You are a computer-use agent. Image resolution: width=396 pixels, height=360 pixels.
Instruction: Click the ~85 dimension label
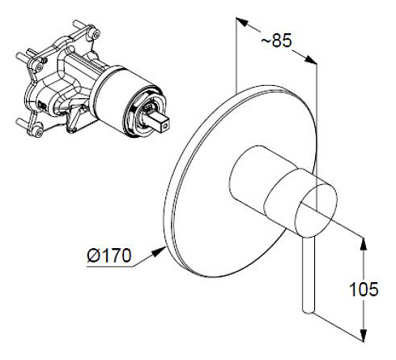click(x=276, y=41)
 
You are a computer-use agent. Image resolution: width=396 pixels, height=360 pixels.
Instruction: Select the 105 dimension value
click(x=364, y=289)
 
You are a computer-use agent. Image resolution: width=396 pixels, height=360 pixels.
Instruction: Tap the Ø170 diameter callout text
click(x=109, y=255)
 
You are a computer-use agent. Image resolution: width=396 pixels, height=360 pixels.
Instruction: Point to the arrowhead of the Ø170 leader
click(x=160, y=251)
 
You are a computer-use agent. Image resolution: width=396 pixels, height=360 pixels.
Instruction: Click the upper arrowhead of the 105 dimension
click(x=364, y=244)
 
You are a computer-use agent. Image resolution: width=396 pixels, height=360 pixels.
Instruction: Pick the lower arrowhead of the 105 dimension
click(x=364, y=335)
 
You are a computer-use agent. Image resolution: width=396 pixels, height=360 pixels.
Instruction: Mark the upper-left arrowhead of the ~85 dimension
click(x=242, y=21)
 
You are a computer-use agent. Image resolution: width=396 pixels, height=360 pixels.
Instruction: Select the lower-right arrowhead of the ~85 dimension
click(x=310, y=59)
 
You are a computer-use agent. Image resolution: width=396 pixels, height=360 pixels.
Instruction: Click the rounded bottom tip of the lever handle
click(x=309, y=311)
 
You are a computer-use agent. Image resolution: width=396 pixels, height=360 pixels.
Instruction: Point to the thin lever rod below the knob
click(x=309, y=276)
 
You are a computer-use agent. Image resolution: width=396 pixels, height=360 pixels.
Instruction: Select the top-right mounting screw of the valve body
click(x=96, y=33)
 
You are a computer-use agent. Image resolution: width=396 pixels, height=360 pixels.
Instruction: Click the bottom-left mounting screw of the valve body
click(x=39, y=131)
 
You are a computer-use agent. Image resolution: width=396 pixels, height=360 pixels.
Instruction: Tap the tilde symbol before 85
click(x=266, y=41)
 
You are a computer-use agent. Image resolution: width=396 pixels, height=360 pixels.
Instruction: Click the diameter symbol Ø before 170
click(x=94, y=255)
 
